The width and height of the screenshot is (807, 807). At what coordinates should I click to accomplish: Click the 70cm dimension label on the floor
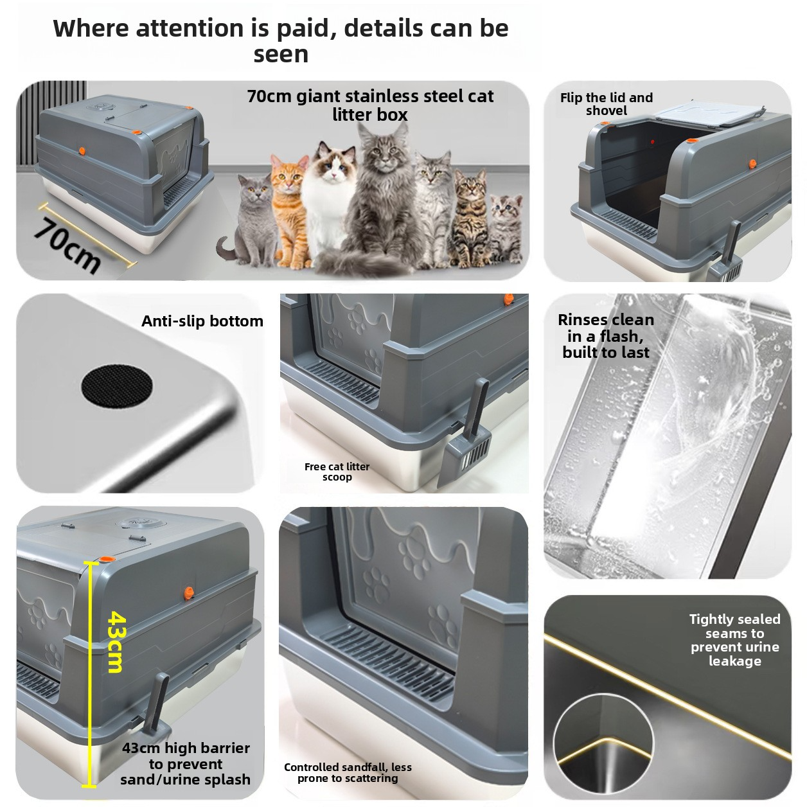67,245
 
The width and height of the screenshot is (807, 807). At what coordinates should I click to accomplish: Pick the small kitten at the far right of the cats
507,225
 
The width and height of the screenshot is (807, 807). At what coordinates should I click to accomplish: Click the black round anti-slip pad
117,386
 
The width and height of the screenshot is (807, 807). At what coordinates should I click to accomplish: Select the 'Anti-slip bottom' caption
202,321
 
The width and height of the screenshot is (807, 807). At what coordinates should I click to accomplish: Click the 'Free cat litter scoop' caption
337,472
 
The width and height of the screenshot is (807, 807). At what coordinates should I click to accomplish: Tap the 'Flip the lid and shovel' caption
606,104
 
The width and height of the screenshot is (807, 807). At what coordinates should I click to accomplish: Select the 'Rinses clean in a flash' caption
605,336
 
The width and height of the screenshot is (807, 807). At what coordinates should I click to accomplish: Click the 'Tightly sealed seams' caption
734,640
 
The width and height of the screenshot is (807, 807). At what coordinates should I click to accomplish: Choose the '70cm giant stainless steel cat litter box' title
370,105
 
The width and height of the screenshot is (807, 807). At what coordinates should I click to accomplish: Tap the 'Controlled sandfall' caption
348,772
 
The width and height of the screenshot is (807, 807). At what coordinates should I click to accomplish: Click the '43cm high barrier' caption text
186,763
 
